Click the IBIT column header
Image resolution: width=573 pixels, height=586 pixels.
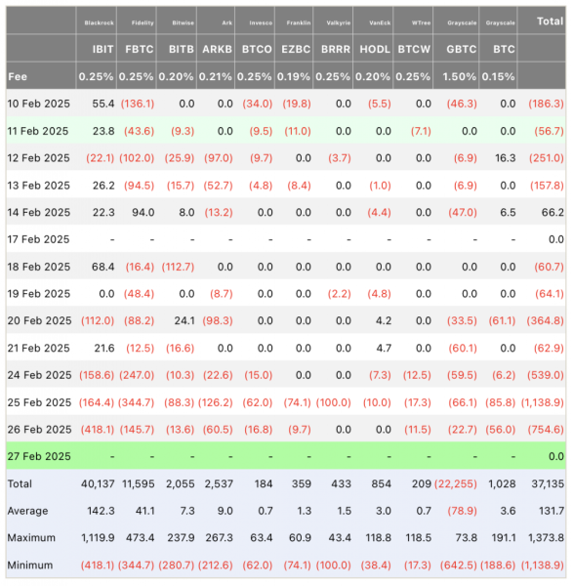pyautogui.click(x=102, y=50)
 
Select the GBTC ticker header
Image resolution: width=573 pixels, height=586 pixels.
pyautogui.click(x=462, y=50)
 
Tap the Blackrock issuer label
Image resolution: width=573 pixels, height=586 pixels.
pyautogui.click(x=99, y=23)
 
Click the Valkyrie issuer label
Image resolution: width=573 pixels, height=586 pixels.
pyautogui.click(x=339, y=23)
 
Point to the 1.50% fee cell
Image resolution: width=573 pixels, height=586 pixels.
pyautogui.click(x=460, y=76)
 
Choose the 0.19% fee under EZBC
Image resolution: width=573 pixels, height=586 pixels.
pyautogui.click(x=294, y=76)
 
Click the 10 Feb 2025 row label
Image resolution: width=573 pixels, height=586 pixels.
pyautogui.click(x=38, y=104)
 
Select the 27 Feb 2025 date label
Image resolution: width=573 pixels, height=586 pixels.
pyautogui.click(x=39, y=456)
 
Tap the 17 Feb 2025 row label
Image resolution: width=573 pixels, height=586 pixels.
pyautogui.click(x=38, y=239)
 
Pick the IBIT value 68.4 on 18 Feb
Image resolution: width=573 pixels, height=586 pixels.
pyautogui.click(x=102, y=267)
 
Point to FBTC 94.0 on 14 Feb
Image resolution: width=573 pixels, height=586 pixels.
pyautogui.click(x=143, y=213)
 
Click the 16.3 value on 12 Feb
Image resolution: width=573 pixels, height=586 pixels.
pyautogui.click(x=506, y=158)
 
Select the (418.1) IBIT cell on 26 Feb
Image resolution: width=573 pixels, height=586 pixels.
pyautogui.click(x=98, y=430)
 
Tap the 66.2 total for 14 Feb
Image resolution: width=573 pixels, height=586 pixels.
pyautogui.click(x=553, y=213)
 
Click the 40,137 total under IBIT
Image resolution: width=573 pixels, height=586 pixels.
pyautogui.click(x=98, y=483)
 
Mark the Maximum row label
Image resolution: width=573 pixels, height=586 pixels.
pyautogui.click(x=31, y=538)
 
